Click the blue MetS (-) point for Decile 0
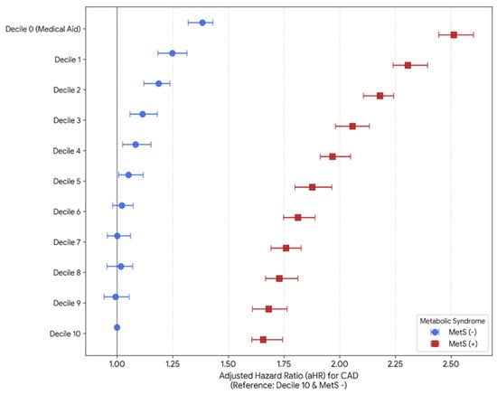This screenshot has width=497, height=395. tap(202, 23)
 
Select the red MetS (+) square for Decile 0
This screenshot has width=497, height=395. tap(454, 35)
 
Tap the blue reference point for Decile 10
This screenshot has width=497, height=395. tap(117, 327)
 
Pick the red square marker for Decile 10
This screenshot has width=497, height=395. tap(263, 340)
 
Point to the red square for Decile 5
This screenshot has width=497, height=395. tap(313, 187)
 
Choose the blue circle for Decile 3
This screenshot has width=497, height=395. tap(143, 114)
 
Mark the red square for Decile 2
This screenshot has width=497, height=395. tap(380, 96)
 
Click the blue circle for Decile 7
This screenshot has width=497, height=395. tap(117, 236)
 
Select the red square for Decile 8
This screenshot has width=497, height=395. tap(279, 278)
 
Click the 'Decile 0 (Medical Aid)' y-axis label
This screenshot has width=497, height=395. tap(43, 29)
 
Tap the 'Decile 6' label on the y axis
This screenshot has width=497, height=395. tap(67, 212)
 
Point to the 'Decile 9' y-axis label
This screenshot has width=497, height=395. tap(67, 303)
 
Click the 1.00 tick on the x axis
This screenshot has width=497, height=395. tap(117, 363)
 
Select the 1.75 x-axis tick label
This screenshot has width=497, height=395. tap(284, 363)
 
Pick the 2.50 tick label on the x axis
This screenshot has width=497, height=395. tap(451, 363)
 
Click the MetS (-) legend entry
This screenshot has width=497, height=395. tap(454, 333)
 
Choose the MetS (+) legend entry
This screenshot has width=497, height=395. tap(454, 343)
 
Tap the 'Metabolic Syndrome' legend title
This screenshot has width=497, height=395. tap(453, 321)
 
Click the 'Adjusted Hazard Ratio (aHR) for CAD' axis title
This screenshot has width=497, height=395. tap(289, 376)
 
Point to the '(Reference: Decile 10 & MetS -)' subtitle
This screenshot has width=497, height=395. tap(289, 385)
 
